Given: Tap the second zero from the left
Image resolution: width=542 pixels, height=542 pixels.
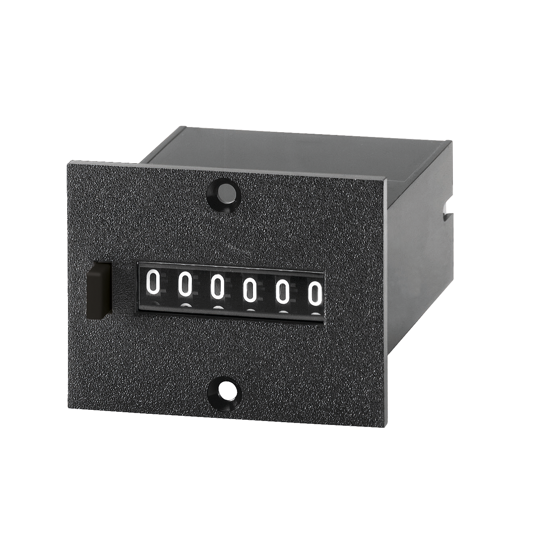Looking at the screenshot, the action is [x=185, y=283].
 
